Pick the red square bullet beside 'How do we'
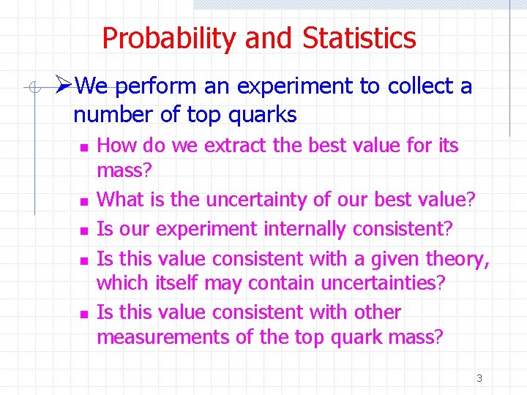point(83,147)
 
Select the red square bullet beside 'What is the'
point(83,200)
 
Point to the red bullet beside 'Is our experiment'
point(83,230)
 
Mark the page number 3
point(479,378)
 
